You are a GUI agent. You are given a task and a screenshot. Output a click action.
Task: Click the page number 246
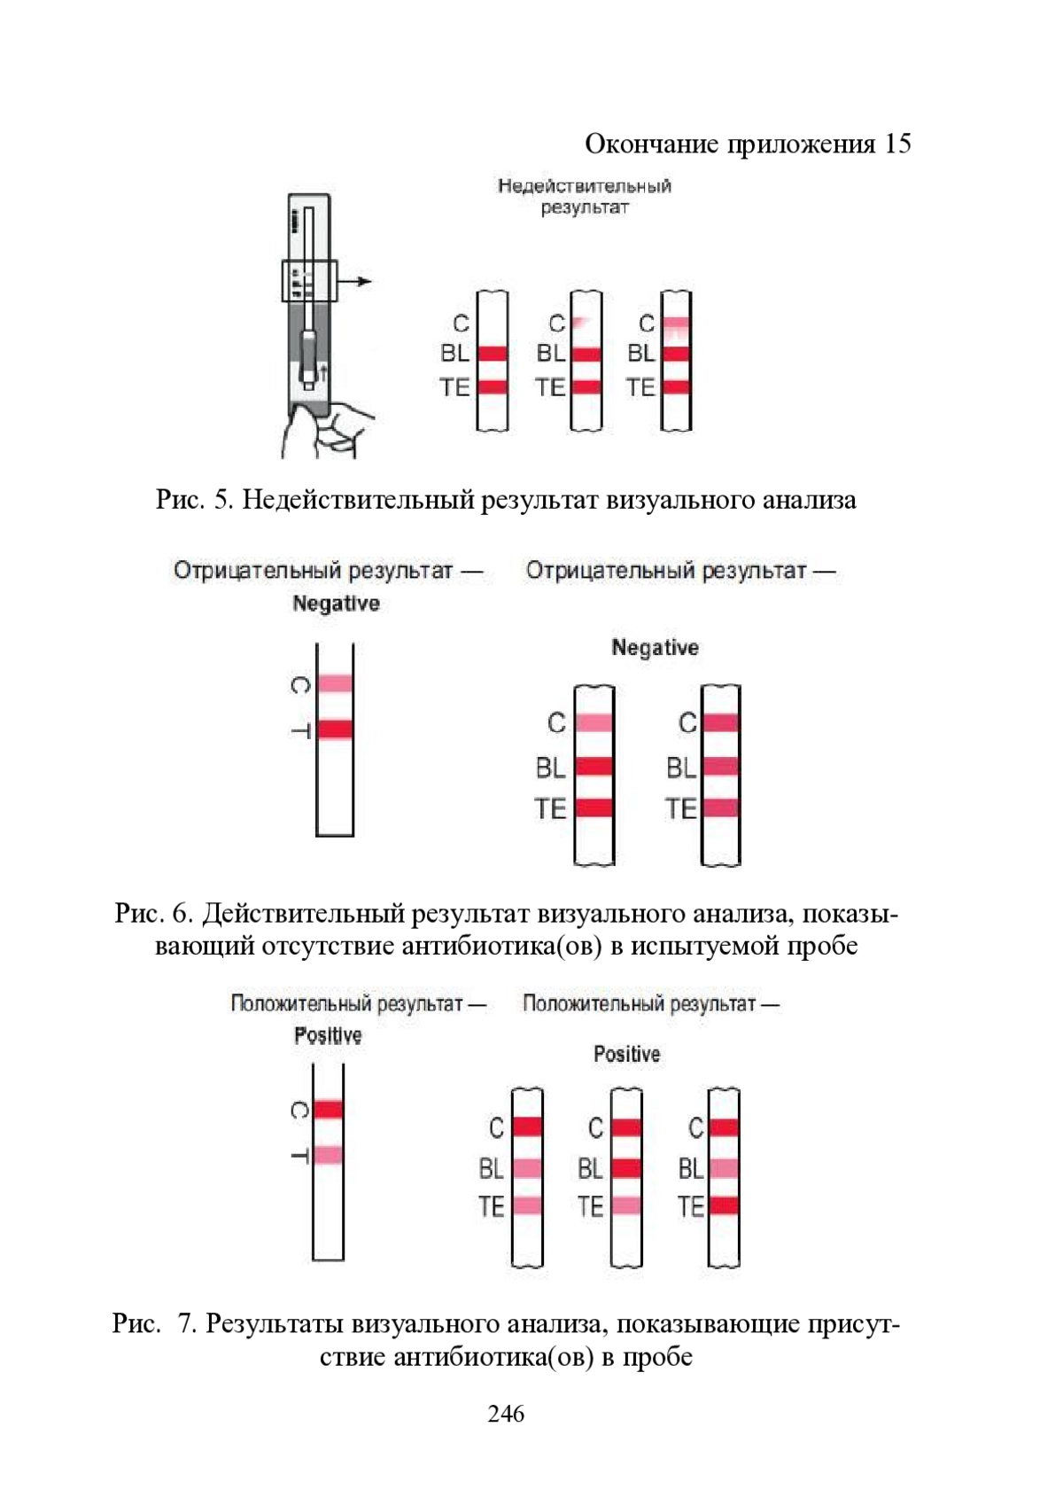pyautogui.click(x=506, y=1413)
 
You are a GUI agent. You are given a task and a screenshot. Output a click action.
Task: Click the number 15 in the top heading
pyautogui.click(x=896, y=144)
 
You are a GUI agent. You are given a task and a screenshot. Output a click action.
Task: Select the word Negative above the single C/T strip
pyautogui.click(x=336, y=604)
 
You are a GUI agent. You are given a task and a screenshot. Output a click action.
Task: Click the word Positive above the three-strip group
pyautogui.click(x=626, y=1054)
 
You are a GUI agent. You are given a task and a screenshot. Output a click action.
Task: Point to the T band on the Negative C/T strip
pyautogui.click(x=335, y=729)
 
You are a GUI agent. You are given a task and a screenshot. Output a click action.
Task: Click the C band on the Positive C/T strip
pyautogui.click(x=328, y=1109)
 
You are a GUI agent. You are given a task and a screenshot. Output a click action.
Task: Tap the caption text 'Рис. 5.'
pyautogui.click(x=195, y=500)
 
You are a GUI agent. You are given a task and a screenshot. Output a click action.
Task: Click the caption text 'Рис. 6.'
pyautogui.click(x=153, y=913)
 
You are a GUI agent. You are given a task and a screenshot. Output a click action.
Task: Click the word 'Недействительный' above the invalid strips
pyautogui.click(x=584, y=186)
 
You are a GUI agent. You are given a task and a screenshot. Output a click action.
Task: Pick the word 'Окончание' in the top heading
pyautogui.click(x=652, y=144)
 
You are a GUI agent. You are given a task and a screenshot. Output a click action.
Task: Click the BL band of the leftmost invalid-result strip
pyautogui.click(x=493, y=353)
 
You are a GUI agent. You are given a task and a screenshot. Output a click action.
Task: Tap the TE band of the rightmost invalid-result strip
pyautogui.click(x=676, y=386)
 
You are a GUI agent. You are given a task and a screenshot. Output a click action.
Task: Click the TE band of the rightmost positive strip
pyautogui.click(x=724, y=1205)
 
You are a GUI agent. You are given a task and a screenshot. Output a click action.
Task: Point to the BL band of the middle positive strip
pyautogui.click(x=626, y=1167)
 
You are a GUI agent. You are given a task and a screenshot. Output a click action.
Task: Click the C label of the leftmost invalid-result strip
pyautogui.click(x=462, y=324)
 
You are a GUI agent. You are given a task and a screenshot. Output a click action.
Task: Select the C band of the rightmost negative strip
pyautogui.click(x=720, y=722)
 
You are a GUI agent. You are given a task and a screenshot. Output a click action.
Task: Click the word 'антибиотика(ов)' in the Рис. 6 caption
pyautogui.click(x=500, y=946)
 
